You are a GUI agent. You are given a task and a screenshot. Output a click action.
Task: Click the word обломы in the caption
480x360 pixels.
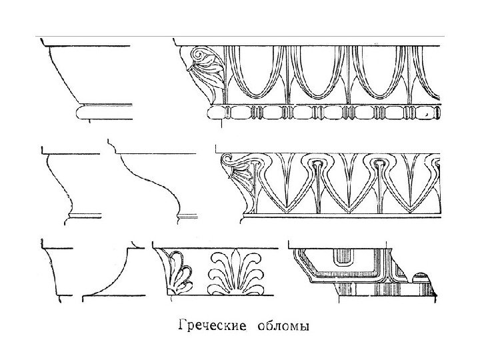[x=283, y=327]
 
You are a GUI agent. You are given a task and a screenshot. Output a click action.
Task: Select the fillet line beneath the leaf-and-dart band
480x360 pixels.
[x=340, y=215]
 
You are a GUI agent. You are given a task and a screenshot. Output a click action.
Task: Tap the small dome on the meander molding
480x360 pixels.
[x=421, y=275]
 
